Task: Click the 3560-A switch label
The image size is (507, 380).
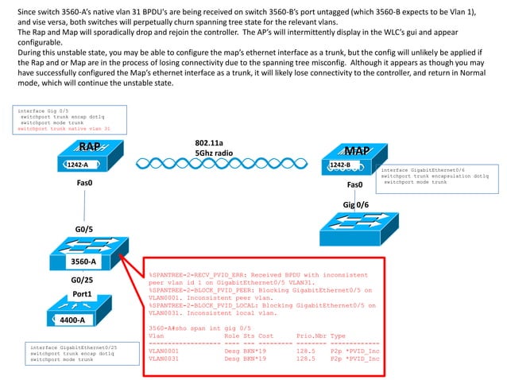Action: (x=83, y=261)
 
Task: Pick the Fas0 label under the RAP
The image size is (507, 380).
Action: (x=85, y=183)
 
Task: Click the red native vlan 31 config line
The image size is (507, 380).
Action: (x=63, y=128)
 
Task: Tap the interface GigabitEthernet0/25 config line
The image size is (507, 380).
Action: (x=73, y=347)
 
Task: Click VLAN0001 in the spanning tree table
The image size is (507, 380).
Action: (x=164, y=349)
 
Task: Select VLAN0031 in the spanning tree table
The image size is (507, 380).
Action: (x=164, y=359)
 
